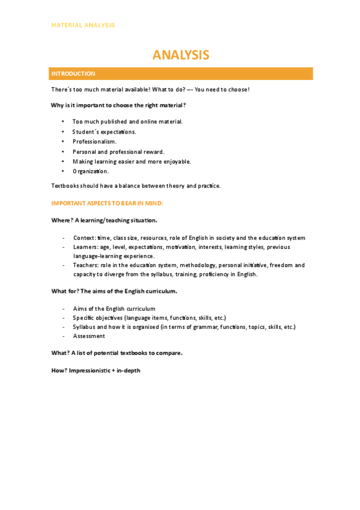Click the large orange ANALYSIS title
(x=180, y=55)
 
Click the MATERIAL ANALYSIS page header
(x=83, y=25)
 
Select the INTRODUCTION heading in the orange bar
(x=73, y=74)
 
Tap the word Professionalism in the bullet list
(x=94, y=141)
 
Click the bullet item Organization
(x=91, y=171)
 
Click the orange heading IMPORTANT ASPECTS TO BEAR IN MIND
(x=103, y=204)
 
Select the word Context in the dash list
(x=83, y=238)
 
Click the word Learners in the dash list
(x=84, y=247)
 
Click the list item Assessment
(x=89, y=336)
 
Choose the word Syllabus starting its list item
(x=84, y=327)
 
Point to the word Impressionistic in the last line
(x=89, y=370)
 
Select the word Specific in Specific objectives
(x=83, y=318)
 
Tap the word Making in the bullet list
(x=82, y=161)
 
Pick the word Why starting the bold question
(x=57, y=105)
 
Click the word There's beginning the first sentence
(x=61, y=90)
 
